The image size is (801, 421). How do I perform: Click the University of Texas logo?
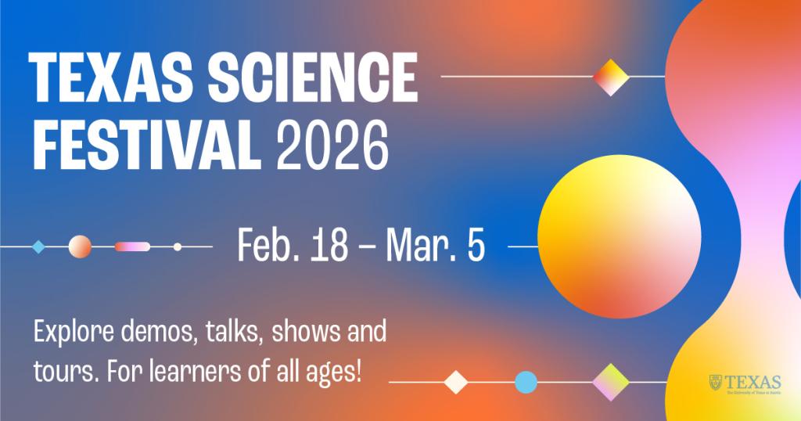tap(745, 383)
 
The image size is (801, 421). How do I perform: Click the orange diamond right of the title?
tap(611, 77)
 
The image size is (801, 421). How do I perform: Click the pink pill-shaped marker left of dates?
tap(132, 246)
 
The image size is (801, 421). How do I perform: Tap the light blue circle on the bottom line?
tap(526, 383)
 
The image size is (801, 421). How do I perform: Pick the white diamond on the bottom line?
tap(455, 383)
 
